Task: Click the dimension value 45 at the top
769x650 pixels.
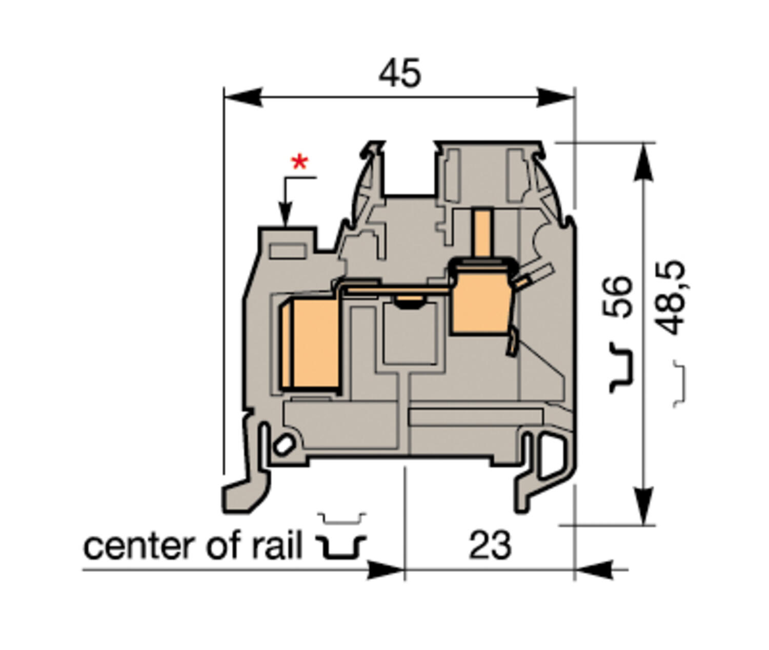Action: point(400,73)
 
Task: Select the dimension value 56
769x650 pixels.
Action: point(617,297)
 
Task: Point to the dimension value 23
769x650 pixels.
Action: point(490,545)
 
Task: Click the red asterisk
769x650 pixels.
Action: point(299,164)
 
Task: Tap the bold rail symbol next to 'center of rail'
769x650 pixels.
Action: point(340,547)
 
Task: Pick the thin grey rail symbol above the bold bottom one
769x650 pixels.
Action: point(341,519)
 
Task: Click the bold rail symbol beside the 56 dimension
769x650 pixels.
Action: point(621,368)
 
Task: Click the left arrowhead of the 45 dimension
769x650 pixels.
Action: point(243,97)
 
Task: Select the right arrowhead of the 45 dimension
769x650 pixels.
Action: point(556,97)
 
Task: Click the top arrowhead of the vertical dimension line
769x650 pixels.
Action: point(643,161)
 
